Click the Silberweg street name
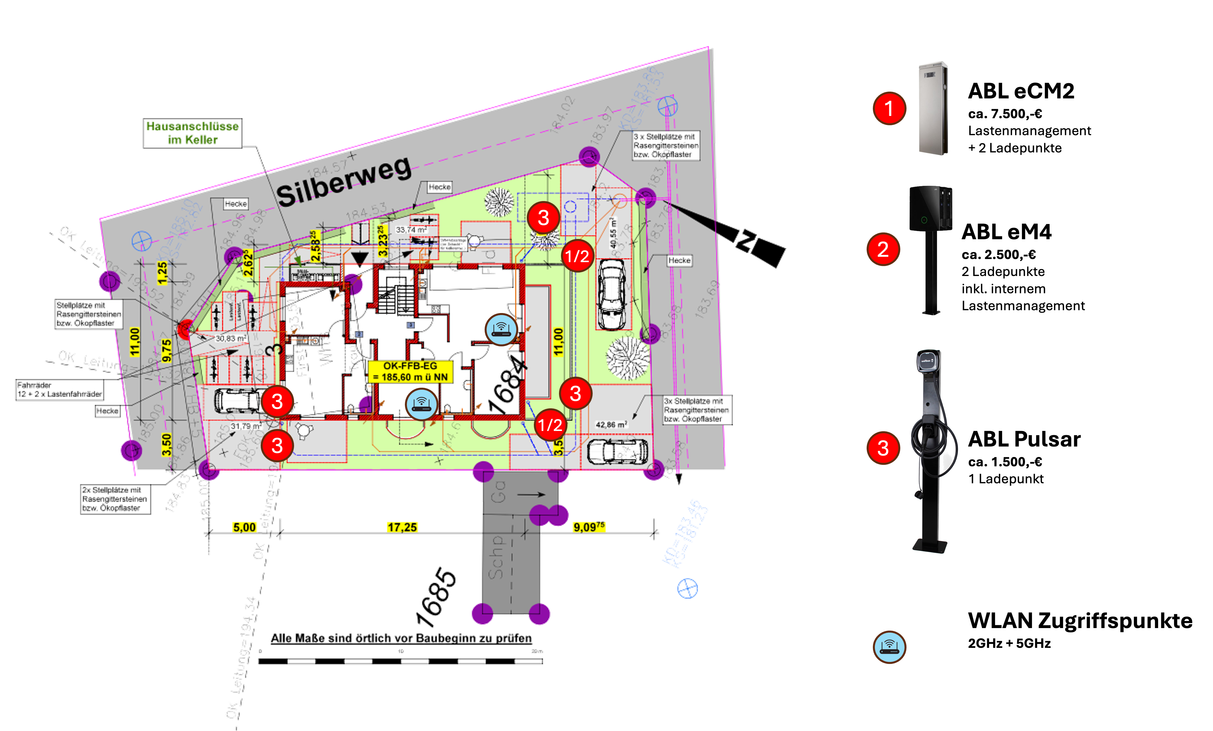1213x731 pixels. [x=343, y=182]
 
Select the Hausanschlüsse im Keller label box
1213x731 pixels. [x=193, y=133]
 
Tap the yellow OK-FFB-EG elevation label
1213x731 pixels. [x=410, y=372]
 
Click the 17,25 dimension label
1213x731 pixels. [x=402, y=527]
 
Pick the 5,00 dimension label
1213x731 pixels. [x=244, y=527]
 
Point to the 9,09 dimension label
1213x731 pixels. [x=589, y=527]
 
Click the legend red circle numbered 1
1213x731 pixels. [x=889, y=108]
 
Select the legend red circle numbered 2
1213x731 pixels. [x=883, y=249]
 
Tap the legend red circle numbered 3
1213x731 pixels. [x=883, y=448]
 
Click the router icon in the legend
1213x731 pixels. [x=889, y=647]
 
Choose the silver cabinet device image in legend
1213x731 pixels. [x=933, y=108]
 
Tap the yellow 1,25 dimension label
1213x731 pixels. [x=163, y=273]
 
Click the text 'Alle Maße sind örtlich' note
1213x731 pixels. [x=401, y=639]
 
